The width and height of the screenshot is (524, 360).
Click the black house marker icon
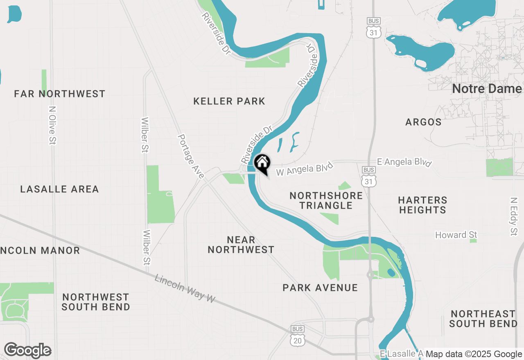coord(262,163)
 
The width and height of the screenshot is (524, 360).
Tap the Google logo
coord(27,351)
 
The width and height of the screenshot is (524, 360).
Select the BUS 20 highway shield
coord(298,335)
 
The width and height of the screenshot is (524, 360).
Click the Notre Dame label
coord(487,89)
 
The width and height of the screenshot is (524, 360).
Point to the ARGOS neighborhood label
coord(423,122)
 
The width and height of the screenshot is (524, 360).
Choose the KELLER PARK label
coord(229,101)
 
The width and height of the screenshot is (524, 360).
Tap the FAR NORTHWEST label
coord(60,94)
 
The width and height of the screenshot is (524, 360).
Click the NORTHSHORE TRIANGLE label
coord(326,200)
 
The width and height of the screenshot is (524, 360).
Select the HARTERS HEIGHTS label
coord(422,205)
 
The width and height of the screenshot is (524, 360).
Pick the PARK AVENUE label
coord(320,288)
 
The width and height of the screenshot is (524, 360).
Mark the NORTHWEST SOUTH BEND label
coord(96,302)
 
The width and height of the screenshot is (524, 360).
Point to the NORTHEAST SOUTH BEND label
coord(483,319)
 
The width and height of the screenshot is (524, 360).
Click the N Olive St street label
coord(52,125)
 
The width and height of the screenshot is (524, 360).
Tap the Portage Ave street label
coord(191,156)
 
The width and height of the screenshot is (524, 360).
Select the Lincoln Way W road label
coord(185,288)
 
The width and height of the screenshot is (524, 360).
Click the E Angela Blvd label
coord(404,162)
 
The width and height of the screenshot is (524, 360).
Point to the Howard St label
coord(456,235)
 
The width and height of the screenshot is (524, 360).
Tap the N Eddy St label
coord(514,216)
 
